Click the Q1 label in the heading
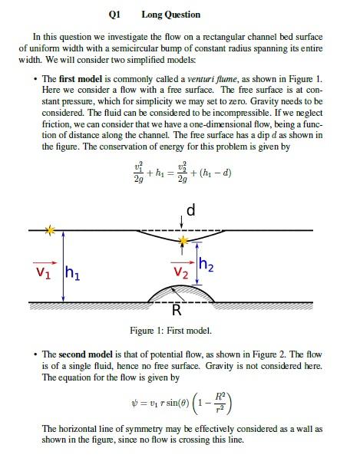115,14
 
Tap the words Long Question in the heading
171,14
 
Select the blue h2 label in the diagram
206,265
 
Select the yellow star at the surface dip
183,241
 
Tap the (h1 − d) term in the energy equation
216,173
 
